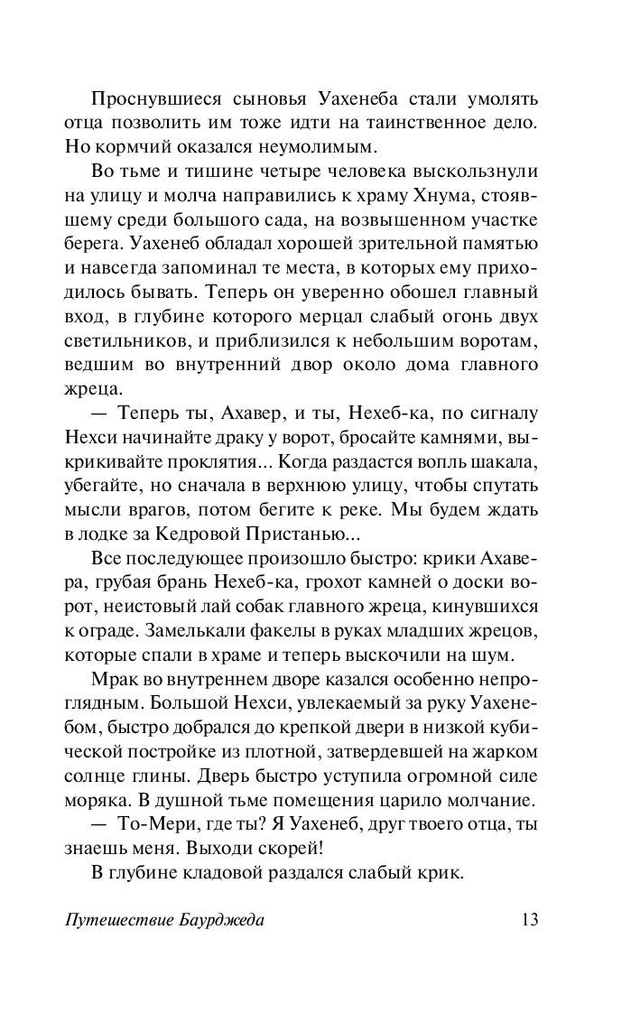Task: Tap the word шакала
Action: pyautogui.click(x=510, y=461)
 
